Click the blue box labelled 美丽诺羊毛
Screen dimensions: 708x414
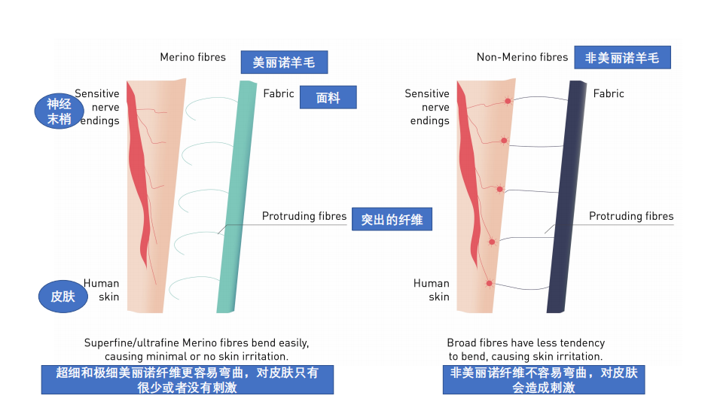pyautogui.click(x=284, y=62)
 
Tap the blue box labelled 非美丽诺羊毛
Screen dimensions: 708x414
pyautogui.click(x=622, y=57)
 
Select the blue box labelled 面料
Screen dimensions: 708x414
pyautogui.click(x=328, y=97)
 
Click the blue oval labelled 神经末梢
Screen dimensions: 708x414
pyautogui.click(x=60, y=111)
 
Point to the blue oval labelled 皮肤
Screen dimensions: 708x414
pyautogui.click(x=63, y=296)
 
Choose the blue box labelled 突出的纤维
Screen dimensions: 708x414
pyautogui.click(x=392, y=219)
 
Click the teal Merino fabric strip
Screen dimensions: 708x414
pyautogui.click(x=237, y=196)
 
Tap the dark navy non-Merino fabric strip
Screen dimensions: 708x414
pyautogui.click(x=566, y=196)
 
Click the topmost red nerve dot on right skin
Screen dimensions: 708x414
pyautogui.click(x=508, y=101)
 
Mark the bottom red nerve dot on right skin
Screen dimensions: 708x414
pyautogui.click(x=490, y=284)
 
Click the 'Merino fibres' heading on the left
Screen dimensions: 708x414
pyautogui.click(x=193, y=57)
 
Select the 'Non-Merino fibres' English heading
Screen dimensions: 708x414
pyautogui.click(x=523, y=57)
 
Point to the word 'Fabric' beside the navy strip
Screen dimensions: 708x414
pyautogui.click(x=609, y=93)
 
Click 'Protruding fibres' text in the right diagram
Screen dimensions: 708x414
pyautogui.click(x=631, y=216)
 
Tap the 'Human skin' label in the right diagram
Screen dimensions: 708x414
pyautogui.click(x=432, y=290)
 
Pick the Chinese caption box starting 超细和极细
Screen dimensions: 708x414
pyautogui.click(x=188, y=379)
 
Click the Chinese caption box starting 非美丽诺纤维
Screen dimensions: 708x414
pyautogui.click(x=544, y=379)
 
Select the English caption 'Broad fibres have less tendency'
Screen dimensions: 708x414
pyautogui.click(x=526, y=343)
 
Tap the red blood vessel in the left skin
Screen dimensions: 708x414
pyautogui.click(x=138, y=172)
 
